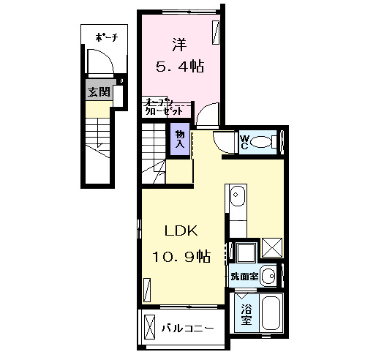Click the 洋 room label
(x=178, y=42)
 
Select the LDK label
(x=181, y=231)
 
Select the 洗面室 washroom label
(x=244, y=277)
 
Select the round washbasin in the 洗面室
(x=268, y=276)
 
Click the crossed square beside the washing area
(x=271, y=249)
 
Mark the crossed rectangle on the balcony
(x=150, y=326)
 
